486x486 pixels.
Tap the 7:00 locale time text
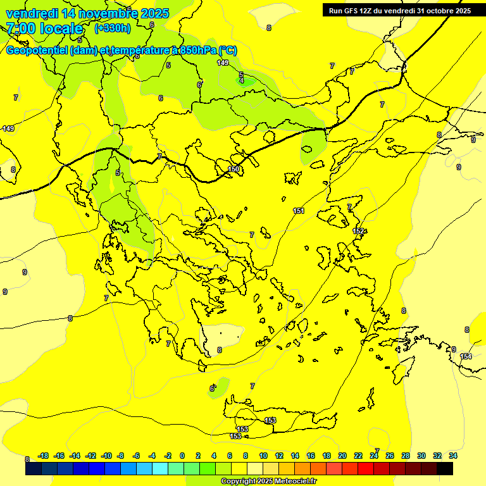45,28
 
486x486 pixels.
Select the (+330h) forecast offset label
113,28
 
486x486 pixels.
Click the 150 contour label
234,169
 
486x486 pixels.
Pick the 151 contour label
299,210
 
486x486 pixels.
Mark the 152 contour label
358,231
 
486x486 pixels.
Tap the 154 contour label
466,356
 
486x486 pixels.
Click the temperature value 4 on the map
242,81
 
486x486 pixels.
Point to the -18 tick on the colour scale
44,456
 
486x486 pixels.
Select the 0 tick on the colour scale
182,456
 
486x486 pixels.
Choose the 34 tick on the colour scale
452,456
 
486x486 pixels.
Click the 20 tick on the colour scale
342,456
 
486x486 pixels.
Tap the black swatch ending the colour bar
445,469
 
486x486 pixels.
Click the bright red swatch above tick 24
366,469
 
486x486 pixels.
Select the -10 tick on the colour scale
106,456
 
